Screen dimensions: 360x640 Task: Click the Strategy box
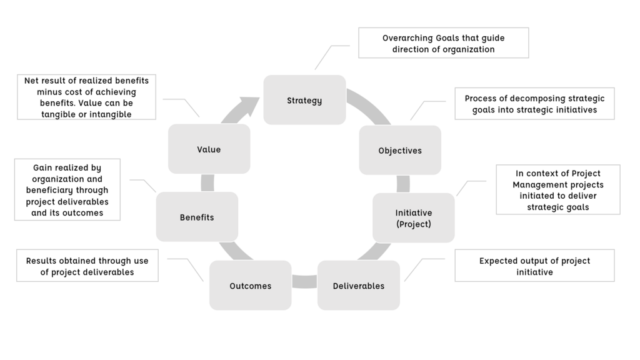tap(304, 100)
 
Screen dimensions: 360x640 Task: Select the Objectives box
tap(400, 150)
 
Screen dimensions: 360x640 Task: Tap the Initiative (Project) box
tap(413, 217)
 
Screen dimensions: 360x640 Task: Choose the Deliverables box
tap(358, 286)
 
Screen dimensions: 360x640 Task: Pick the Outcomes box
tap(250, 286)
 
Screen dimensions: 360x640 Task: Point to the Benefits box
tap(197, 217)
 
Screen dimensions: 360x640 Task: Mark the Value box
tap(209, 149)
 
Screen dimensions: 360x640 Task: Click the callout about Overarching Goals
tap(444, 43)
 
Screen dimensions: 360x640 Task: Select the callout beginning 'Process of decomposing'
tap(534, 104)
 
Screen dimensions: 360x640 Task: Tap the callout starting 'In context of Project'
tap(558, 190)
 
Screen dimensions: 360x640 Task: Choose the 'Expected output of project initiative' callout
tap(534, 266)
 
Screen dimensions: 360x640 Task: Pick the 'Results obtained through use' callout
tap(87, 266)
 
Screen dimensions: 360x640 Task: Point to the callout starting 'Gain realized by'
tap(67, 190)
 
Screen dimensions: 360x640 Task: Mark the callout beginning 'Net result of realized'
tap(87, 97)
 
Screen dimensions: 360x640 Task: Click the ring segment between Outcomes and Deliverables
tap(304, 281)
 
